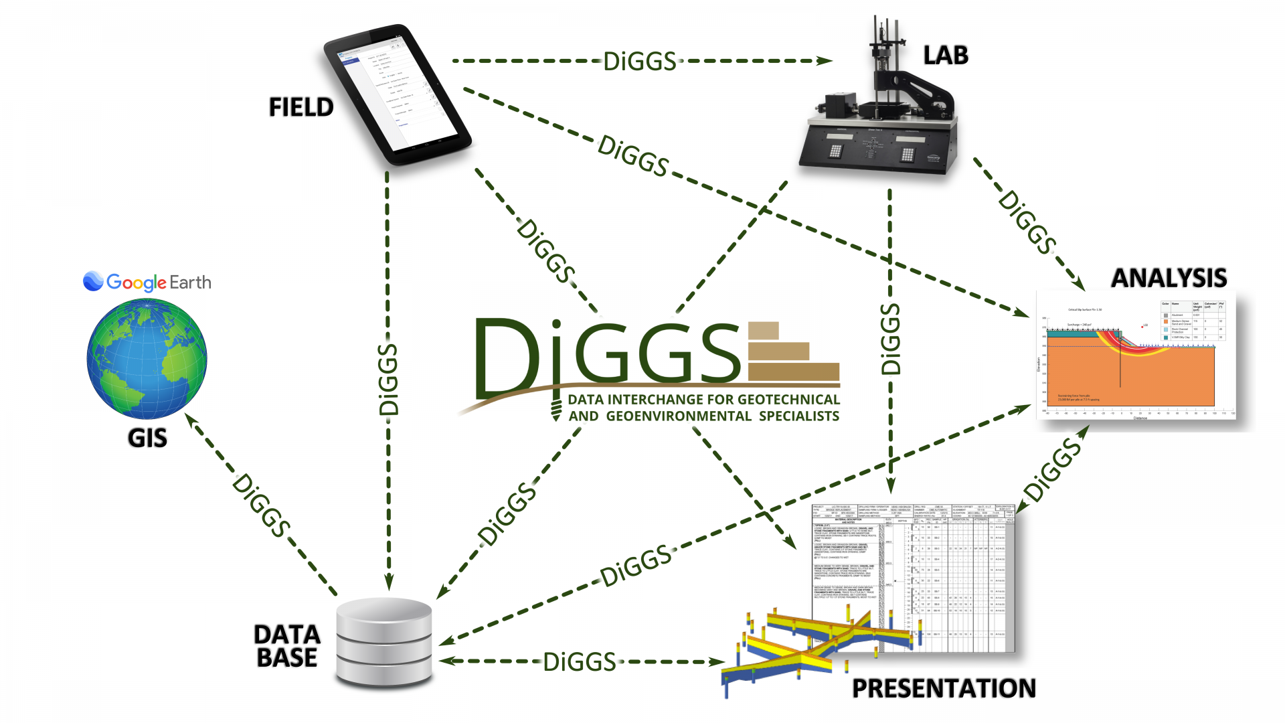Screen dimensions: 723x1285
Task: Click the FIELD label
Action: [301, 107]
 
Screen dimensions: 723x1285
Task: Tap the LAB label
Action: [945, 56]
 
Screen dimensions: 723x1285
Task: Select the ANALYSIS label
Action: [1169, 278]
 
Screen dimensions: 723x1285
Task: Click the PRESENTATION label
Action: [944, 688]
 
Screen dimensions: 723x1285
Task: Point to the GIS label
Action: [147, 438]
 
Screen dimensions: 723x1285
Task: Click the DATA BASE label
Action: [287, 646]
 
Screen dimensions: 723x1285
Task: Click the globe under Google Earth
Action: [147, 359]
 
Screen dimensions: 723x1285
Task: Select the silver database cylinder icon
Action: [384, 643]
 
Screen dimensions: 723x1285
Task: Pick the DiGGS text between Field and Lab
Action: [640, 62]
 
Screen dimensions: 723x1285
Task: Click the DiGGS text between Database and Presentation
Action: [579, 662]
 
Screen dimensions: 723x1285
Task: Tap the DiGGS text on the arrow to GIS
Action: [261, 505]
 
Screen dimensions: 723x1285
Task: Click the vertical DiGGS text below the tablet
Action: [388, 380]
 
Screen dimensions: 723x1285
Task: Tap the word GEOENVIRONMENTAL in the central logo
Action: [679, 416]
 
